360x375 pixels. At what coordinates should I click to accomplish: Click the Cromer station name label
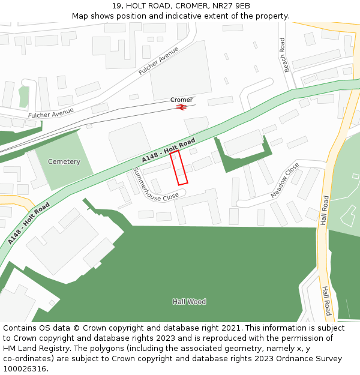181,100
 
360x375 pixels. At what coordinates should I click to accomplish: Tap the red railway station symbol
181,107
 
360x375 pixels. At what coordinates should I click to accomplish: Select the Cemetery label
64,162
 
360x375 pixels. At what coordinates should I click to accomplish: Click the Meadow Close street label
284,180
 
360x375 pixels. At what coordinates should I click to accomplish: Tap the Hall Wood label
189,302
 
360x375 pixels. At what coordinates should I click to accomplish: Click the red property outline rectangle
179,168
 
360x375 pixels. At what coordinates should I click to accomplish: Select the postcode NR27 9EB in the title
231,6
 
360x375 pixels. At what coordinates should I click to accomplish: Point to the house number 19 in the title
117,6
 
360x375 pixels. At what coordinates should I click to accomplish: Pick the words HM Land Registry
34,349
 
